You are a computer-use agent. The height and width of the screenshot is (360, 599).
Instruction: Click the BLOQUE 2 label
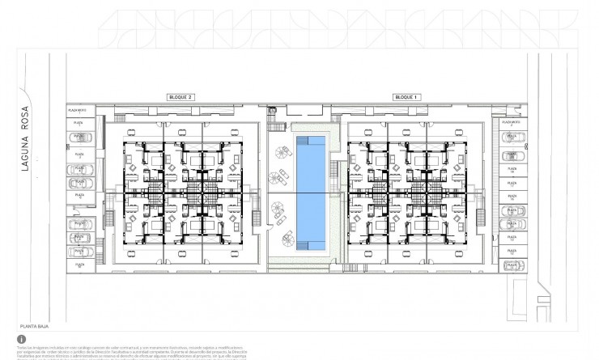pos(180,97)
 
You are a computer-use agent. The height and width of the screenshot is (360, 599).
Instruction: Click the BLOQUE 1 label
pos(405,97)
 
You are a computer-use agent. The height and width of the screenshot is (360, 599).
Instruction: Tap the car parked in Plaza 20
pos(511,136)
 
